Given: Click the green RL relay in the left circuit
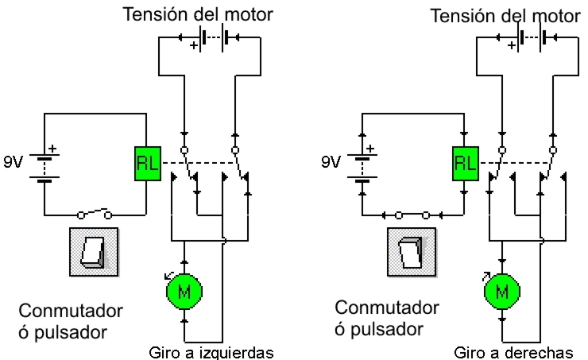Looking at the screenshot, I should point(148,165).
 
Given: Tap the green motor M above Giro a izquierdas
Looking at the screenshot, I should point(184,291).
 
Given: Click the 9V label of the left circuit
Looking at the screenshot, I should point(14,162).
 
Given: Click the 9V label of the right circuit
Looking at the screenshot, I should point(331,162).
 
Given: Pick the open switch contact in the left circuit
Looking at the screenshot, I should point(95,213).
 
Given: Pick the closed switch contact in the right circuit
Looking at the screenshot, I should point(412,213).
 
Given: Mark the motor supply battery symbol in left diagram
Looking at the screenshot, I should point(211,37).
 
